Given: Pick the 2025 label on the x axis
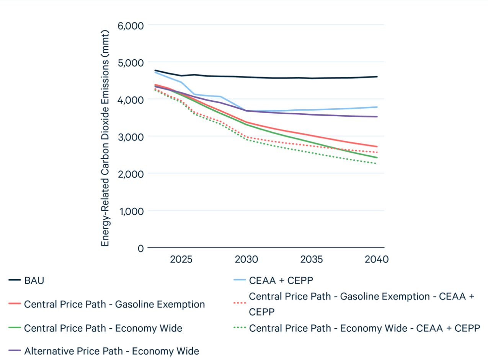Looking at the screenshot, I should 181,259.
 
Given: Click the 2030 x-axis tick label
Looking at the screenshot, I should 246,259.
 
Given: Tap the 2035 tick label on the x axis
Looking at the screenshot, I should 312,259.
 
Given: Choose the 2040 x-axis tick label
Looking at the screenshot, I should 377,259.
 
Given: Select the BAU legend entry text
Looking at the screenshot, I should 34,280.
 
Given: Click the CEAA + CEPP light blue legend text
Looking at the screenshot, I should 281,280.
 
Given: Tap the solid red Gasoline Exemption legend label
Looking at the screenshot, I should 114,305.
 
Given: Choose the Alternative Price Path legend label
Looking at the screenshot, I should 111,351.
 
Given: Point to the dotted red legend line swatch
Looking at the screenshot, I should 239,305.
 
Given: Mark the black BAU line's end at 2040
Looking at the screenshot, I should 377,77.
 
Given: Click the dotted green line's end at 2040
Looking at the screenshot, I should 377,164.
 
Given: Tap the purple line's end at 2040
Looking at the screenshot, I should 377,117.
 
